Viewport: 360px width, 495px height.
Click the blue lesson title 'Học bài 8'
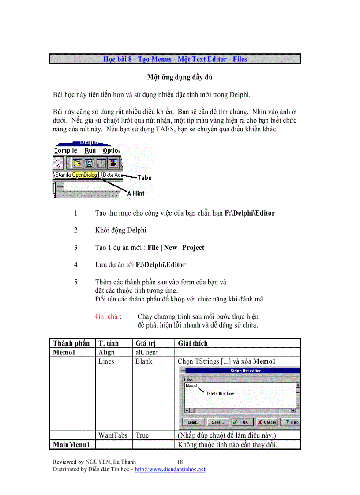click(175, 59)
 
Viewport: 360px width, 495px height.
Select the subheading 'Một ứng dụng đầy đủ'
click(180, 78)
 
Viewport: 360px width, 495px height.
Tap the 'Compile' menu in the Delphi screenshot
click(65, 151)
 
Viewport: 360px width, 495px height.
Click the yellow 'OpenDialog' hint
click(85, 175)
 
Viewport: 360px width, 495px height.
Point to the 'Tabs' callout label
click(144, 178)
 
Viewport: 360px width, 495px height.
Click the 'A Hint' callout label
click(135, 193)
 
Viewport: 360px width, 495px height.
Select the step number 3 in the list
click(76, 248)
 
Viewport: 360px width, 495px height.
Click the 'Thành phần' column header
click(71, 343)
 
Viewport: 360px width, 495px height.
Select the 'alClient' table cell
click(146, 352)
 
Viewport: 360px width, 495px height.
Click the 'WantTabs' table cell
click(112, 435)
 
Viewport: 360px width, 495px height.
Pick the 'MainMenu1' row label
click(71, 444)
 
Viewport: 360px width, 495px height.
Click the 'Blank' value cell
click(144, 361)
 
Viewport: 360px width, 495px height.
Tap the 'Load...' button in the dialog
click(194, 422)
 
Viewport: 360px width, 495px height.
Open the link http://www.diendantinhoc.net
click(170, 469)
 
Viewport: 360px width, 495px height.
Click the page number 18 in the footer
click(174, 461)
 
